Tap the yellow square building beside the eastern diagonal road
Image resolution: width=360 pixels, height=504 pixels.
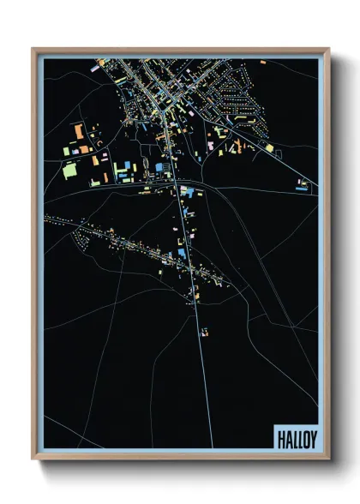click(269, 147)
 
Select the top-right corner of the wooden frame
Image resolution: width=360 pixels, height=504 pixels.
click(327, 50)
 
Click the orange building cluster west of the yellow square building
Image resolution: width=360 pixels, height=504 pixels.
click(231, 147)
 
